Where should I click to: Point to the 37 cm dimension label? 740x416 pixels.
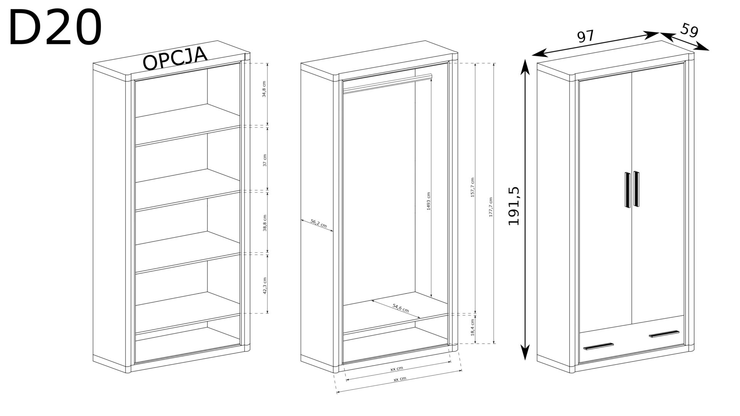(264, 160)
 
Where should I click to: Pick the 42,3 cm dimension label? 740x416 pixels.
(264, 285)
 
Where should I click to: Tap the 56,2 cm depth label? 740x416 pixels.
(318, 223)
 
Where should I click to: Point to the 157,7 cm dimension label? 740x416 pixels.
(473, 188)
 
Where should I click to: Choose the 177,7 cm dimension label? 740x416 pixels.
(491, 213)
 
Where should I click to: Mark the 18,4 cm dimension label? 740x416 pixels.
(473, 327)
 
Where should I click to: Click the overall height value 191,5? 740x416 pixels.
(514, 206)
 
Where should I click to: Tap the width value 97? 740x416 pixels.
(585, 37)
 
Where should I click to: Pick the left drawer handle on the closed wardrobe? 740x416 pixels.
(598, 346)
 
